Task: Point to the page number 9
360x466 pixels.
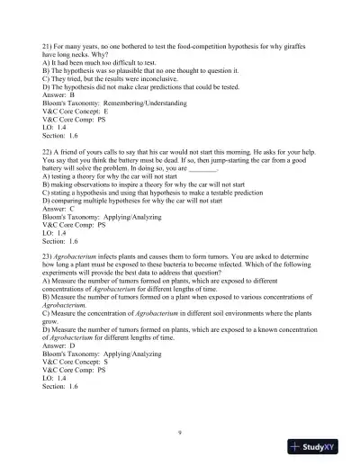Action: point(180,431)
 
